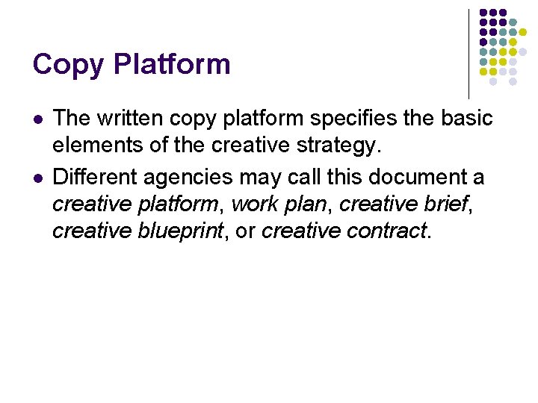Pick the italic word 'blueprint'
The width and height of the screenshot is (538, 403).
pos(180,231)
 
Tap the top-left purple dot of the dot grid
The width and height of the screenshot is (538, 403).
pos(483,13)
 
